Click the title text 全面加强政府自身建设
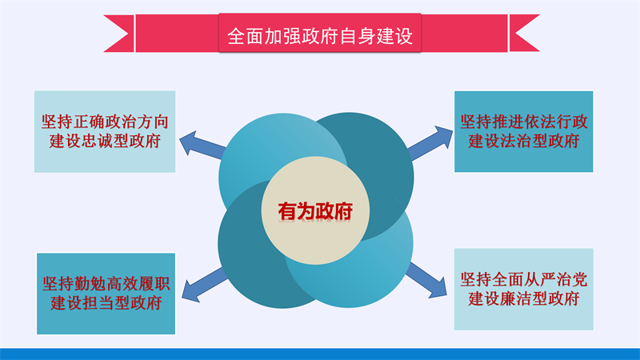tap(320, 36)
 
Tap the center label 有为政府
tap(315, 211)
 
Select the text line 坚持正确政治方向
tap(105, 122)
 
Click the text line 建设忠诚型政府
tap(105, 141)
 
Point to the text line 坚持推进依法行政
tap(524, 122)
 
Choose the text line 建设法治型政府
tap(524, 141)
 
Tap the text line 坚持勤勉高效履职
tap(106, 284)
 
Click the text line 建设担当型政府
tap(106, 303)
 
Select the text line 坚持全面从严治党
tap(524, 279)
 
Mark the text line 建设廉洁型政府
tap(524, 298)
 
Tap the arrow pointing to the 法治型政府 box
tap(430, 142)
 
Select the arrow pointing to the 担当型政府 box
tap(204, 286)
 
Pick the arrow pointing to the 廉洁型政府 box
tap(426, 280)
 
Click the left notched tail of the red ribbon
tap(118, 34)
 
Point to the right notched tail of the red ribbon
tap(524, 34)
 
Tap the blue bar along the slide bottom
tap(320, 354)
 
